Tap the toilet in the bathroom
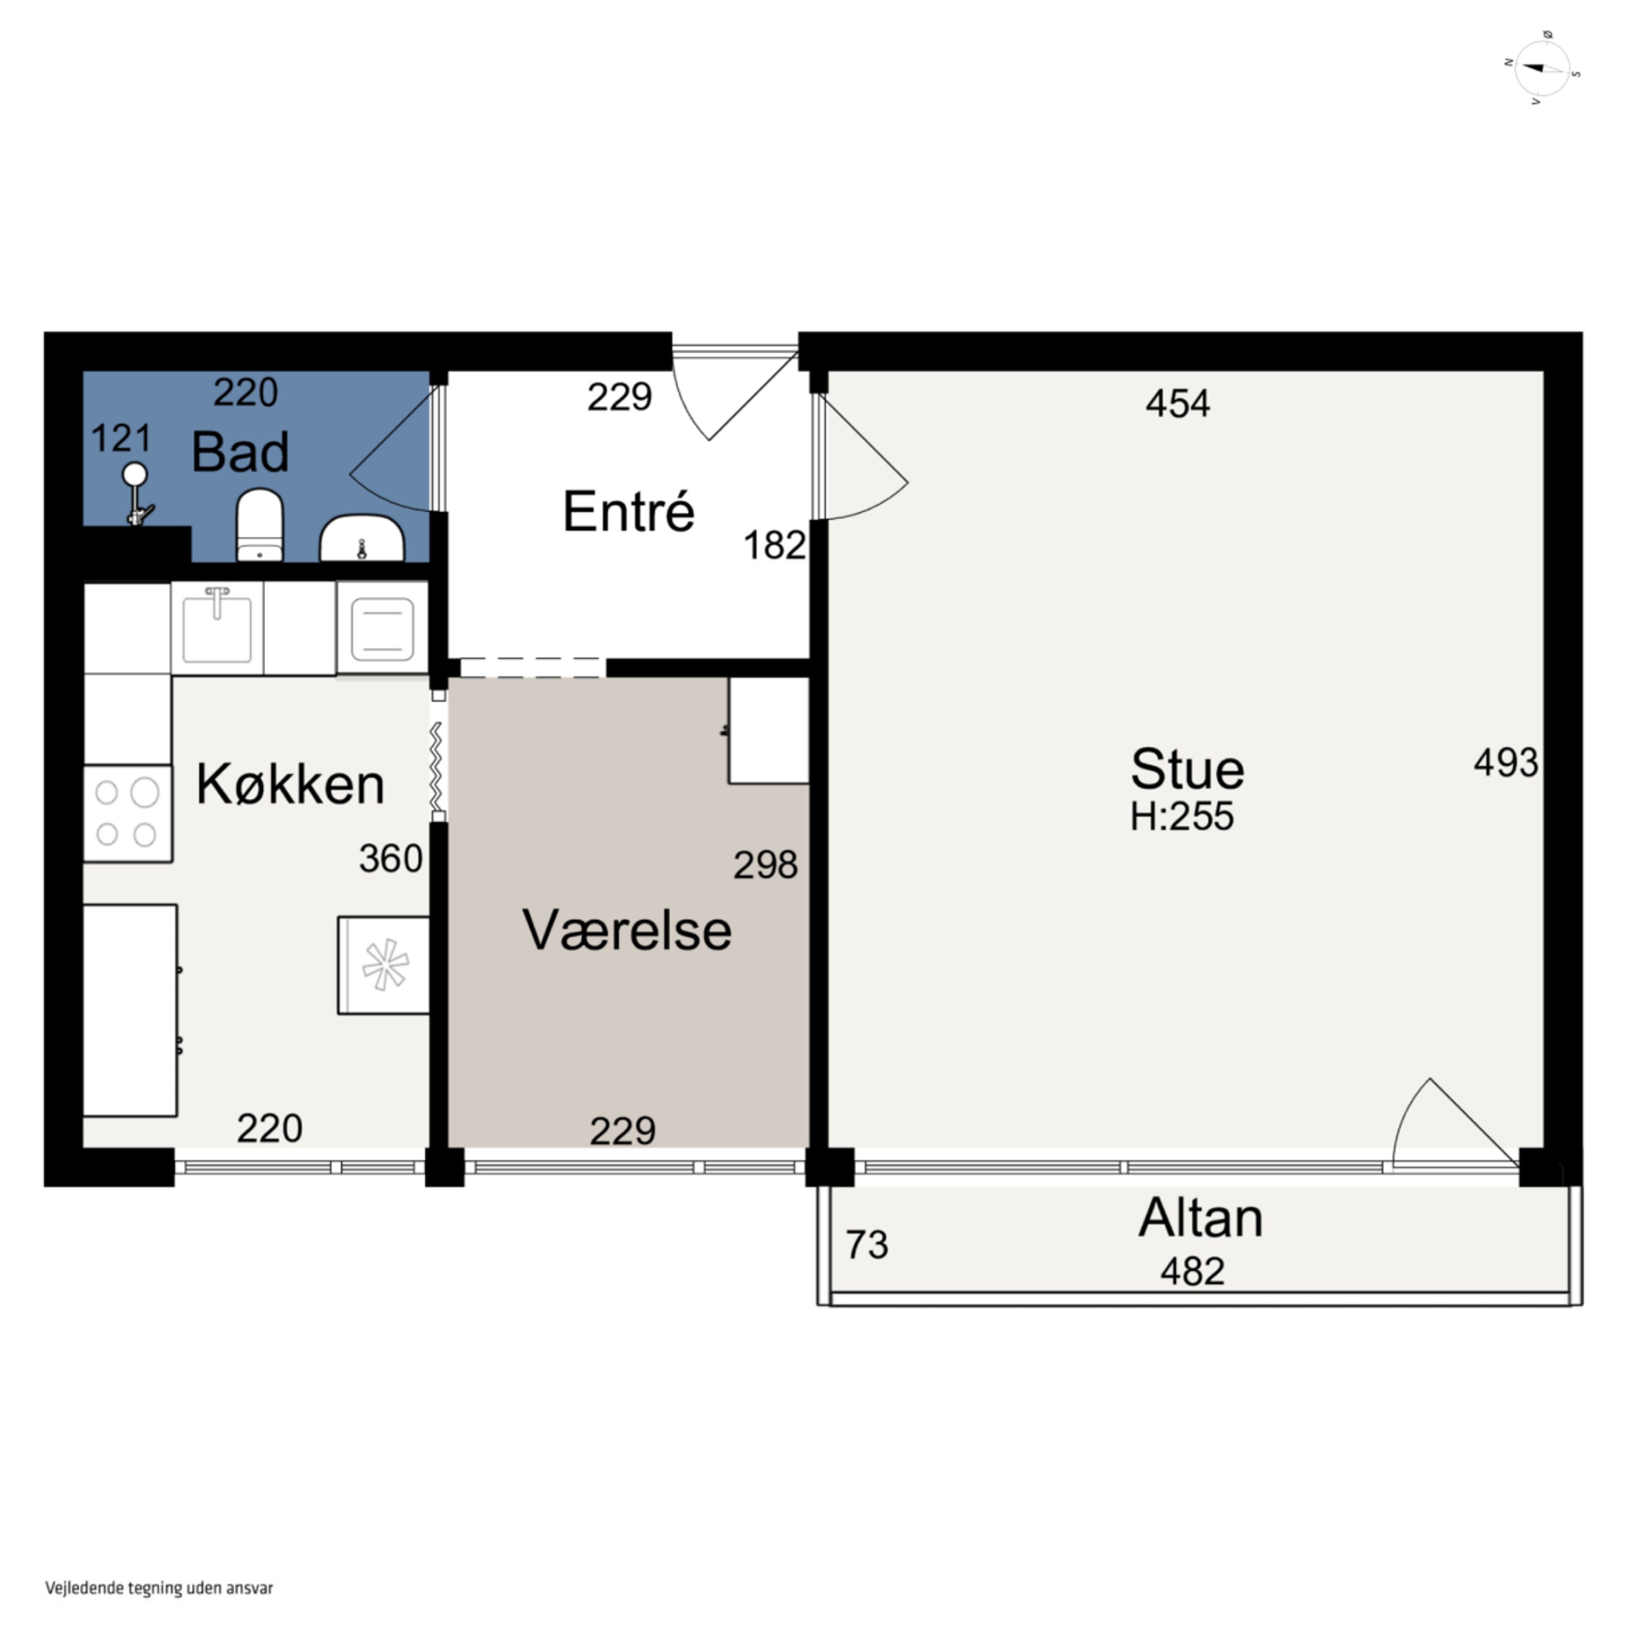coord(259,524)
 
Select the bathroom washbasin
coord(363,540)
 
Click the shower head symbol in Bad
coord(135,477)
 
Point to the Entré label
coord(628,512)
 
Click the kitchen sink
coord(218,628)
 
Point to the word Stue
coord(1186,770)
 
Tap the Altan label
coord(1201,1218)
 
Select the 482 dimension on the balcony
coord(1192,1271)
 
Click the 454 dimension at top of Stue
coord(1177,404)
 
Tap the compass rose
coord(1542,69)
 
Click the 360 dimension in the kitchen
coord(390,858)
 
